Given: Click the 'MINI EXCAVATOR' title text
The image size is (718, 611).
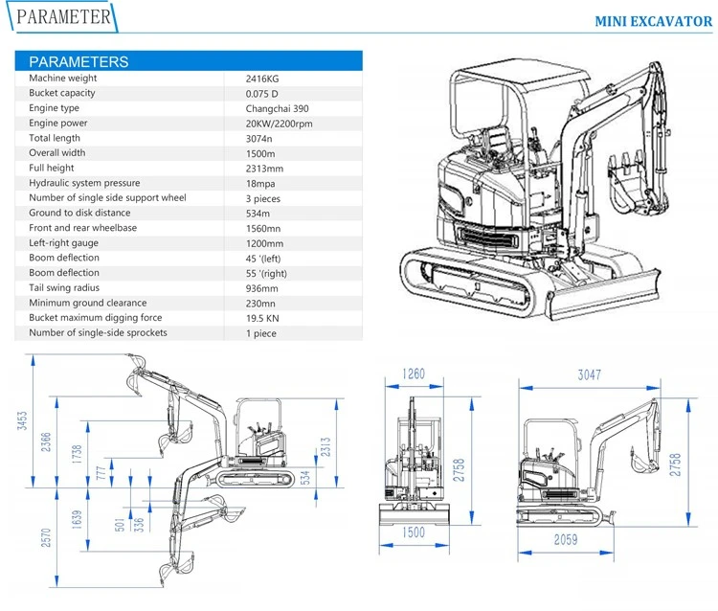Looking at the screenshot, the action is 654,21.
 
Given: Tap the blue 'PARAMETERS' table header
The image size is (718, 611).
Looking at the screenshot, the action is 189,61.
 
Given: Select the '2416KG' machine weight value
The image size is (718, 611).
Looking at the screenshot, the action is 262,79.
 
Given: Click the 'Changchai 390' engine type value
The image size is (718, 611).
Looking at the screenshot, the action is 277,108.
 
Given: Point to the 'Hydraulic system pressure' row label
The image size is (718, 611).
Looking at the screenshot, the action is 84,183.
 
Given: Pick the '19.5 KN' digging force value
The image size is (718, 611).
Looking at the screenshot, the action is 262,318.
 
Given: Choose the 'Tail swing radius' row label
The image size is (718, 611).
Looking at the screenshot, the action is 64,287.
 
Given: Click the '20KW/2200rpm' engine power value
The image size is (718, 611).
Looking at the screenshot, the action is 279,124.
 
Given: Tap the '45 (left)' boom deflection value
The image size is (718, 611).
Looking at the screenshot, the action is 263,259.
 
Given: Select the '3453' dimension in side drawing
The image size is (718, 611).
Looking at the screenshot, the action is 22,420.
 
